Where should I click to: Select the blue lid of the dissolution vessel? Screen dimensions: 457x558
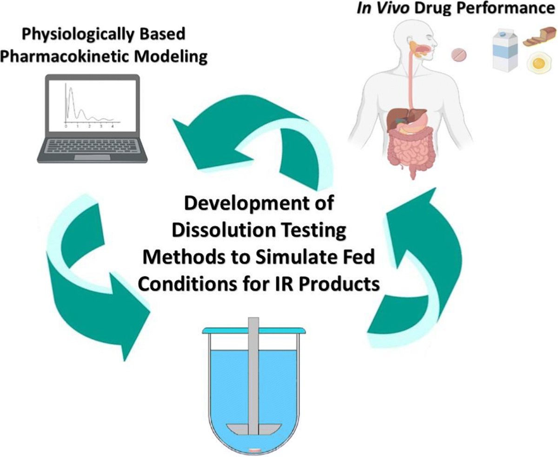coord(253,330)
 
